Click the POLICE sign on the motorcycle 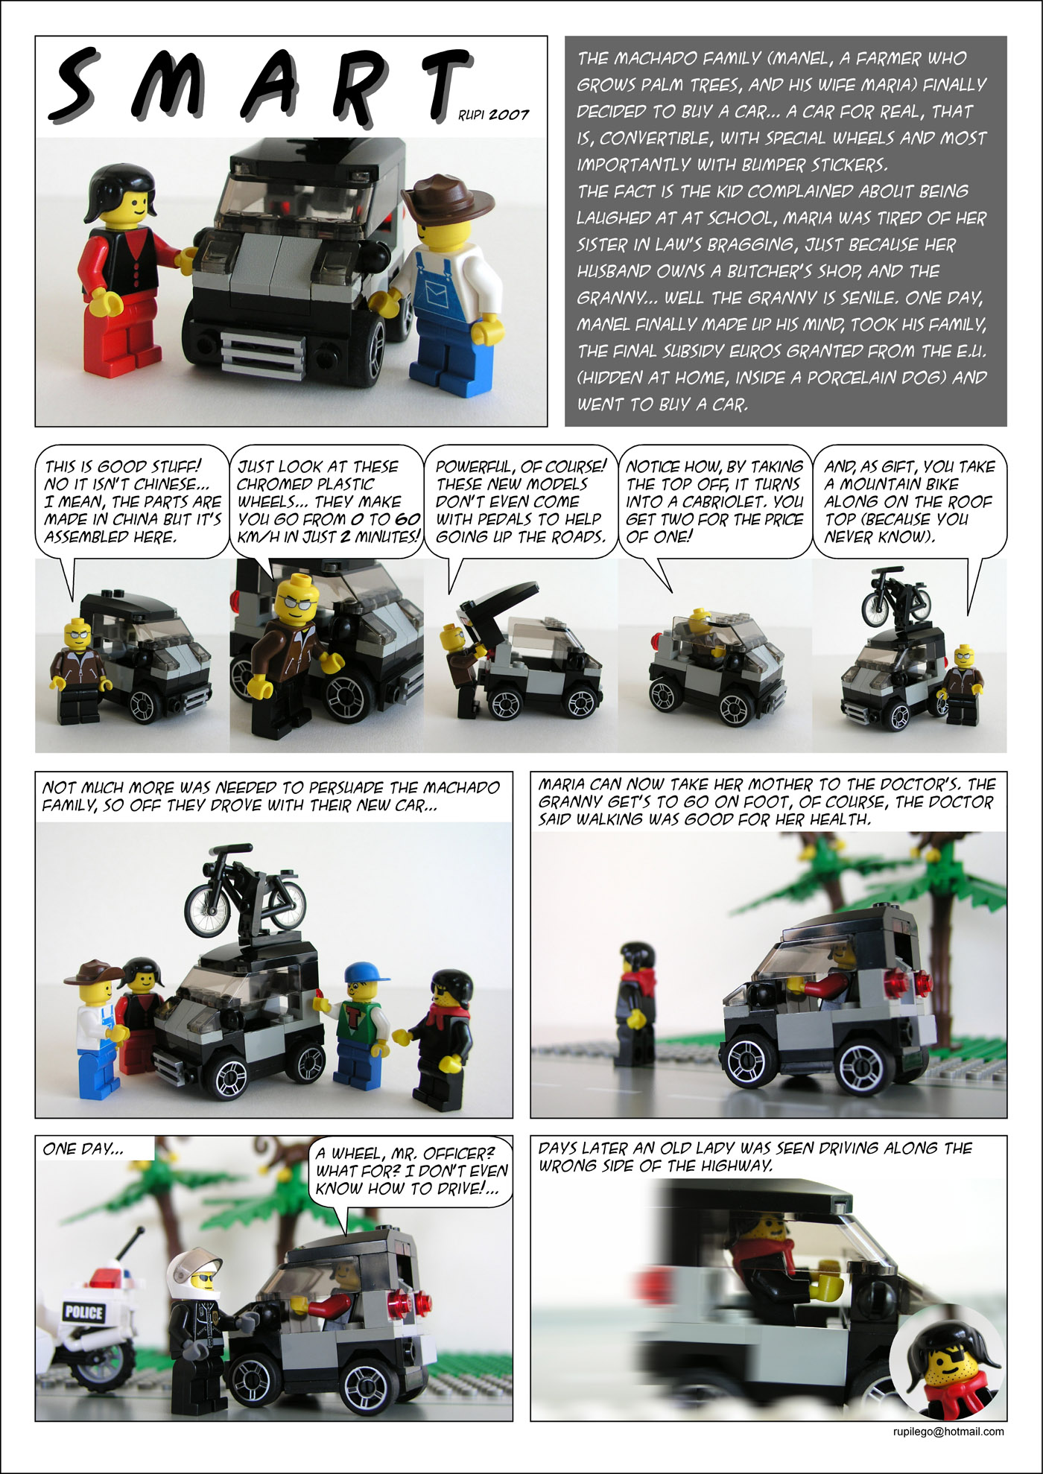tap(83, 1312)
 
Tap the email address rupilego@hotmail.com tap(948, 1431)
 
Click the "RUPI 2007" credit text tap(493, 115)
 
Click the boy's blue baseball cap tap(367, 972)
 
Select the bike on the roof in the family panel tap(245, 890)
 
